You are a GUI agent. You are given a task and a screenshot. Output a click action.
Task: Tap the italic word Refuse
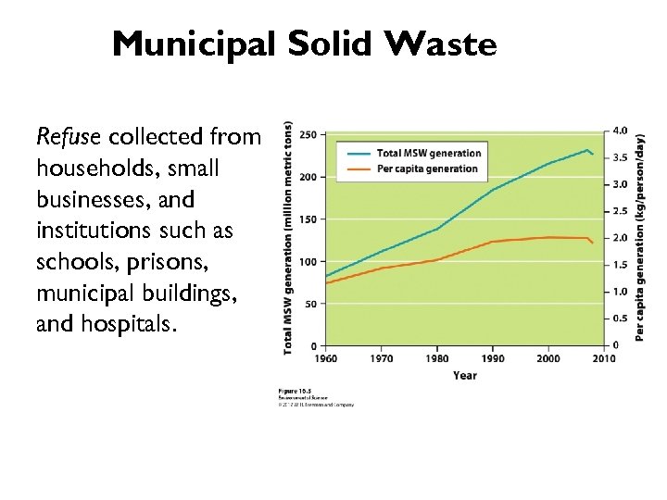coord(69,137)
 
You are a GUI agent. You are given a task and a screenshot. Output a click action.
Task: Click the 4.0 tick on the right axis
coord(620,131)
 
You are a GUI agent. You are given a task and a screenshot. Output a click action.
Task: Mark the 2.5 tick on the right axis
coord(620,212)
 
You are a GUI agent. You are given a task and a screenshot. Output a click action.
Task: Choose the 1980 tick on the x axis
coord(437,359)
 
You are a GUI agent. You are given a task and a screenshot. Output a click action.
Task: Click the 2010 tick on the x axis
coord(604,359)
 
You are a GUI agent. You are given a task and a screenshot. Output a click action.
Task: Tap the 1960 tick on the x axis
coord(325,359)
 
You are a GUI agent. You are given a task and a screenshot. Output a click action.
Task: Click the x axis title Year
coord(465,375)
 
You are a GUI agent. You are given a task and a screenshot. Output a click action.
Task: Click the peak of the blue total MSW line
coord(586,149)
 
